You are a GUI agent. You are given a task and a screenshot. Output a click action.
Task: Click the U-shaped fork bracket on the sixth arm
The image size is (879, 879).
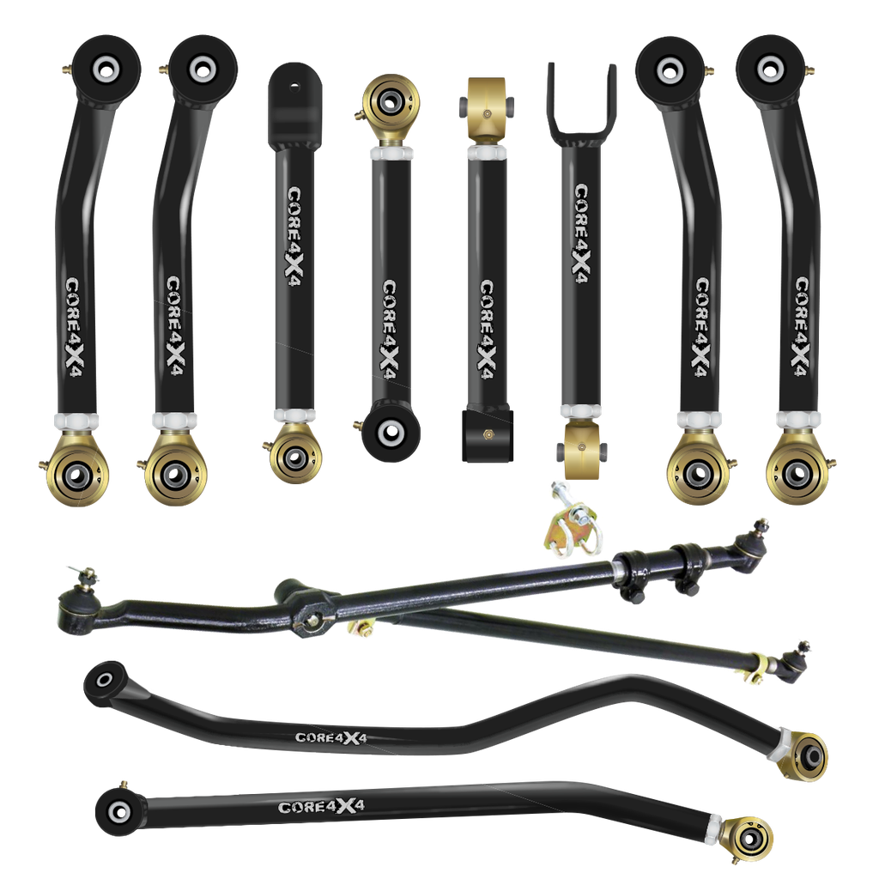point(581,107)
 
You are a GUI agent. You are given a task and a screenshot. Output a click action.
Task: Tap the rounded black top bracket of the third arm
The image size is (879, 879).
point(294,103)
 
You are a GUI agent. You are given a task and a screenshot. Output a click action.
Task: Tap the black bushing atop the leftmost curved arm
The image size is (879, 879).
point(106,66)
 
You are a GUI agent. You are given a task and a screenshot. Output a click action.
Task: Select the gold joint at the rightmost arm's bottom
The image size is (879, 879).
point(797,471)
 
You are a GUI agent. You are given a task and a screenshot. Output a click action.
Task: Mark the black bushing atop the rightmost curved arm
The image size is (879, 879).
point(769,67)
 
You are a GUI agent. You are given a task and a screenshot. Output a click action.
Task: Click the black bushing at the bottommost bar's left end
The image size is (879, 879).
point(116,809)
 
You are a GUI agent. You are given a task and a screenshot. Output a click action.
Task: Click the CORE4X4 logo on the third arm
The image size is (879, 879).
point(294,233)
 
